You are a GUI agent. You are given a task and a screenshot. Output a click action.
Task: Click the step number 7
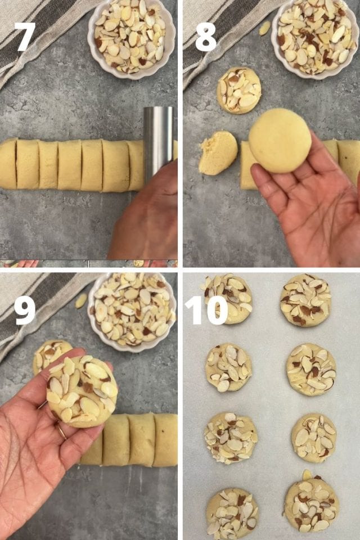click(25, 37)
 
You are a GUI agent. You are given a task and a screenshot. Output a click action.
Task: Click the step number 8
click(206, 37)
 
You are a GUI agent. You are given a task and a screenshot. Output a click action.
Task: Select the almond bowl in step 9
click(132, 309)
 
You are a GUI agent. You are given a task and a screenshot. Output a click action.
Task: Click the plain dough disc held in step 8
click(280, 140)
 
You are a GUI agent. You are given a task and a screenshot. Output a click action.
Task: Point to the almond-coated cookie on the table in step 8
click(239, 90)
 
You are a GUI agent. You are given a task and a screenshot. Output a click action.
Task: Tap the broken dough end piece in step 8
click(218, 153)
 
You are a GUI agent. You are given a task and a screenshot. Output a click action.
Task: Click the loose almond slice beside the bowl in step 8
click(264, 28)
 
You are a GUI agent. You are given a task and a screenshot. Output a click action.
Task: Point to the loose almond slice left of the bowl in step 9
click(82, 300)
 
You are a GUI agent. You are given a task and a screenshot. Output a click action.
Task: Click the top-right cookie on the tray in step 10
click(305, 300)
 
